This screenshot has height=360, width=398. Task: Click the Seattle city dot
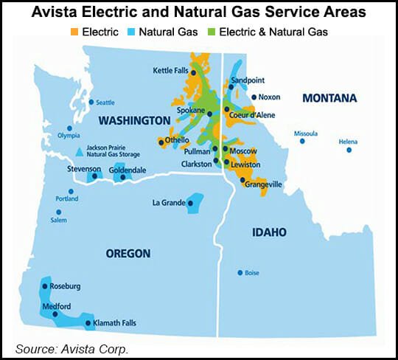[91, 102]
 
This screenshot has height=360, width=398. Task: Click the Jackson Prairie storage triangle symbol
[80, 153]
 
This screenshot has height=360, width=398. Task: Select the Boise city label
[252, 273]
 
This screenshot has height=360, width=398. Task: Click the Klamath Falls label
[115, 323]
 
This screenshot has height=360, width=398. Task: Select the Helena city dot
[349, 150]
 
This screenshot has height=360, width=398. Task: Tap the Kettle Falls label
[171, 70]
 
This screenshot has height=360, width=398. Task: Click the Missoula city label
[305, 134]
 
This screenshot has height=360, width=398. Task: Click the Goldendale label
[128, 170]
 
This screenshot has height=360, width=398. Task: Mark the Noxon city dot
[254, 97]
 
